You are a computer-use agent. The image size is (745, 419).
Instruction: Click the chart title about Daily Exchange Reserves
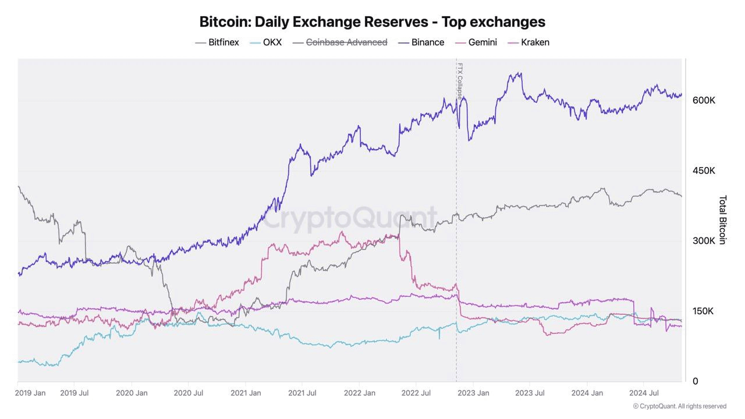[x=372, y=22]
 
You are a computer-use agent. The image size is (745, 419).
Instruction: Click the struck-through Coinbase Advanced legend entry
[x=346, y=42]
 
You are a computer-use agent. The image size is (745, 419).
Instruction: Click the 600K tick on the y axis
[x=704, y=100]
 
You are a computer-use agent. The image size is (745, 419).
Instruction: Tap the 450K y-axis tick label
[x=704, y=171]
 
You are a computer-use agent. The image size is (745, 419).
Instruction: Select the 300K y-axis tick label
[x=704, y=241]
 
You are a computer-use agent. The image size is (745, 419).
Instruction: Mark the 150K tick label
[x=703, y=311]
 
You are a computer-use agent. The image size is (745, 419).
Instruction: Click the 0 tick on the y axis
[x=696, y=381]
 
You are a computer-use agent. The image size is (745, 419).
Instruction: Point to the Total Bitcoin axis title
[x=722, y=219]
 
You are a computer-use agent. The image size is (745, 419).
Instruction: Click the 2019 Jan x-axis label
[x=31, y=393]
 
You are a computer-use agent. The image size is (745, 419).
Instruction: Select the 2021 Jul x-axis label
[x=303, y=393]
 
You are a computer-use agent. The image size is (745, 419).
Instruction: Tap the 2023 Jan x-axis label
[x=474, y=393]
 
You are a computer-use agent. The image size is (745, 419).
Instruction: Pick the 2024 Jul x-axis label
[x=644, y=393]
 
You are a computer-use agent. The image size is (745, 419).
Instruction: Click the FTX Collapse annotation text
[x=460, y=81]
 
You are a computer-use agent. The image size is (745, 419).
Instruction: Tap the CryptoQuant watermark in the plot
[x=347, y=219]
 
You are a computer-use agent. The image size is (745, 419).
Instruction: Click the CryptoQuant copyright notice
[x=679, y=406]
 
